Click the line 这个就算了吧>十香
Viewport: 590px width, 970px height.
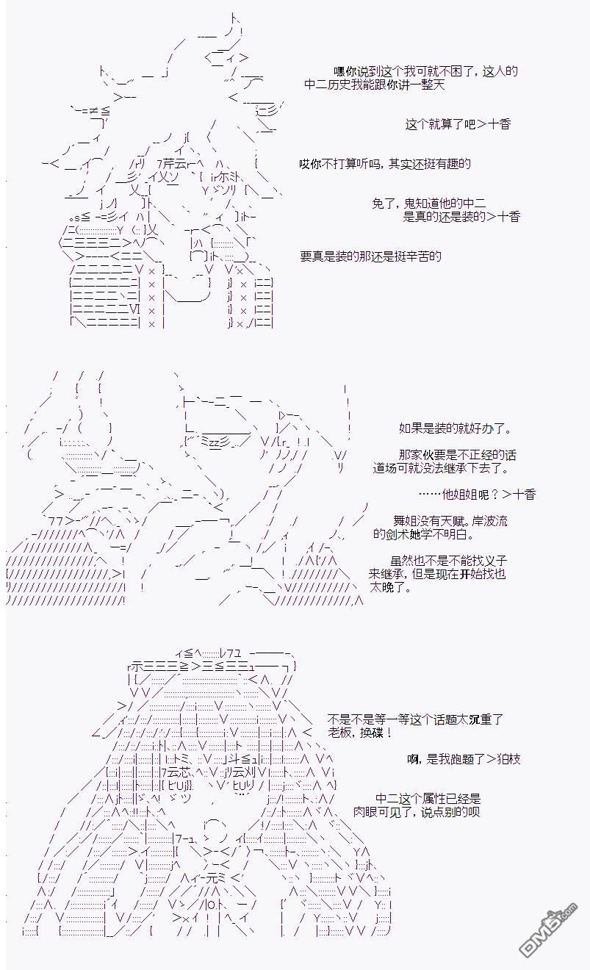click(458, 125)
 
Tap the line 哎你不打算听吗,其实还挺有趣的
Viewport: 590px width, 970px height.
click(385, 164)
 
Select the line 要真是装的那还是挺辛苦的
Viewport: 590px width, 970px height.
click(370, 256)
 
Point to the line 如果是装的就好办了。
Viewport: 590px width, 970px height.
click(456, 428)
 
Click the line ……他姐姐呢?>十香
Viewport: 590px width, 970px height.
click(477, 494)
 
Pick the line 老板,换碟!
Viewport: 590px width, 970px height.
click(360, 733)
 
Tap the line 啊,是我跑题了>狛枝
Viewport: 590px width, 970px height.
click(464, 759)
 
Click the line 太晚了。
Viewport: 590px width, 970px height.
click(390, 588)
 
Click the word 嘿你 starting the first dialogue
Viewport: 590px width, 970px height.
click(345, 71)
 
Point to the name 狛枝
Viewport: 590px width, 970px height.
click(509, 759)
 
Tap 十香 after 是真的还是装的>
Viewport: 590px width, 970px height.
click(508, 217)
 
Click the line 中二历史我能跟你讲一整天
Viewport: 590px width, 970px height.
click(375, 85)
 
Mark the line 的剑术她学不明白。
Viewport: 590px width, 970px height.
click(423, 534)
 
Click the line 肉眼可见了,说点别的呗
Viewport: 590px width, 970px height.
click(417, 812)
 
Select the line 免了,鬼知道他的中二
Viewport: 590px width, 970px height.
click(428, 204)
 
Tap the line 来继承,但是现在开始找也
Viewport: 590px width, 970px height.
click(437, 574)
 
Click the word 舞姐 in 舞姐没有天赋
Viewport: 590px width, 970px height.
click(404, 521)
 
